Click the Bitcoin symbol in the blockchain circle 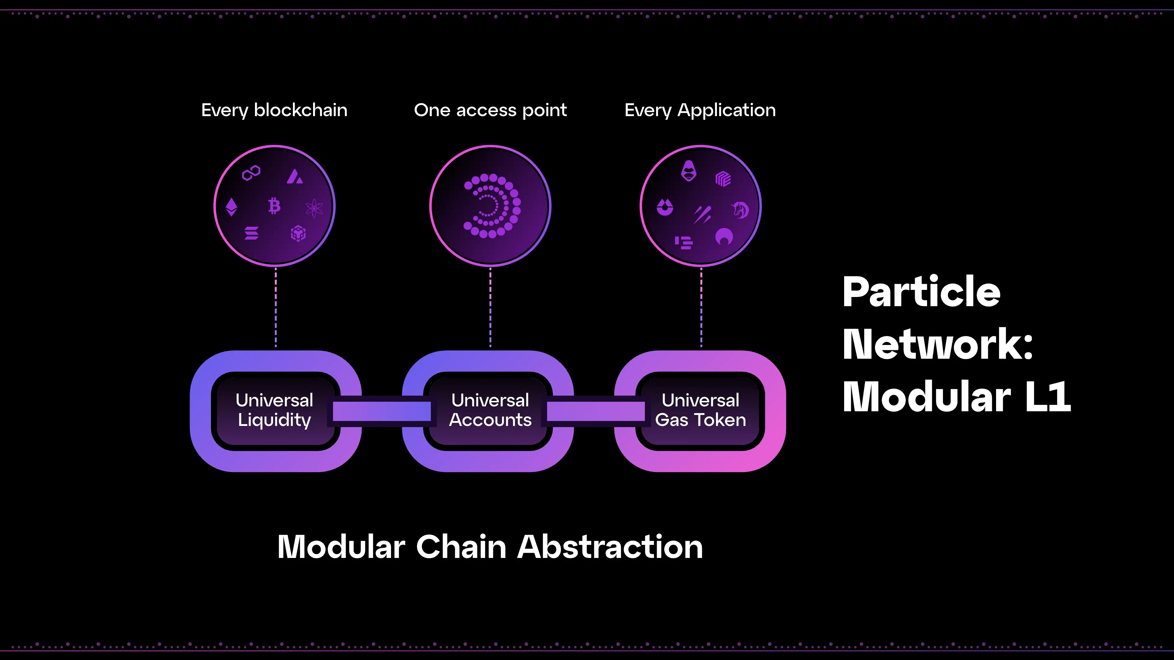click(x=274, y=206)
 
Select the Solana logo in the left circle click(x=251, y=233)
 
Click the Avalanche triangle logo click(x=294, y=176)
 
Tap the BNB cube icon click(x=298, y=233)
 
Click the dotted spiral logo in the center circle click(x=491, y=206)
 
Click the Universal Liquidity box click(x=274, y=410)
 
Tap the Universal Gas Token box click(x=700, y=410)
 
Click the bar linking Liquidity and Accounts click(x=382, y=411)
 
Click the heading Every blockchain click(x=274, y=110)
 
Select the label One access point click(x=490, y=110)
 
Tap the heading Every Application click(x=700, y=110)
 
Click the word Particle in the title click(x=921, y=292)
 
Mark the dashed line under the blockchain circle click(x=276, y=307)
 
